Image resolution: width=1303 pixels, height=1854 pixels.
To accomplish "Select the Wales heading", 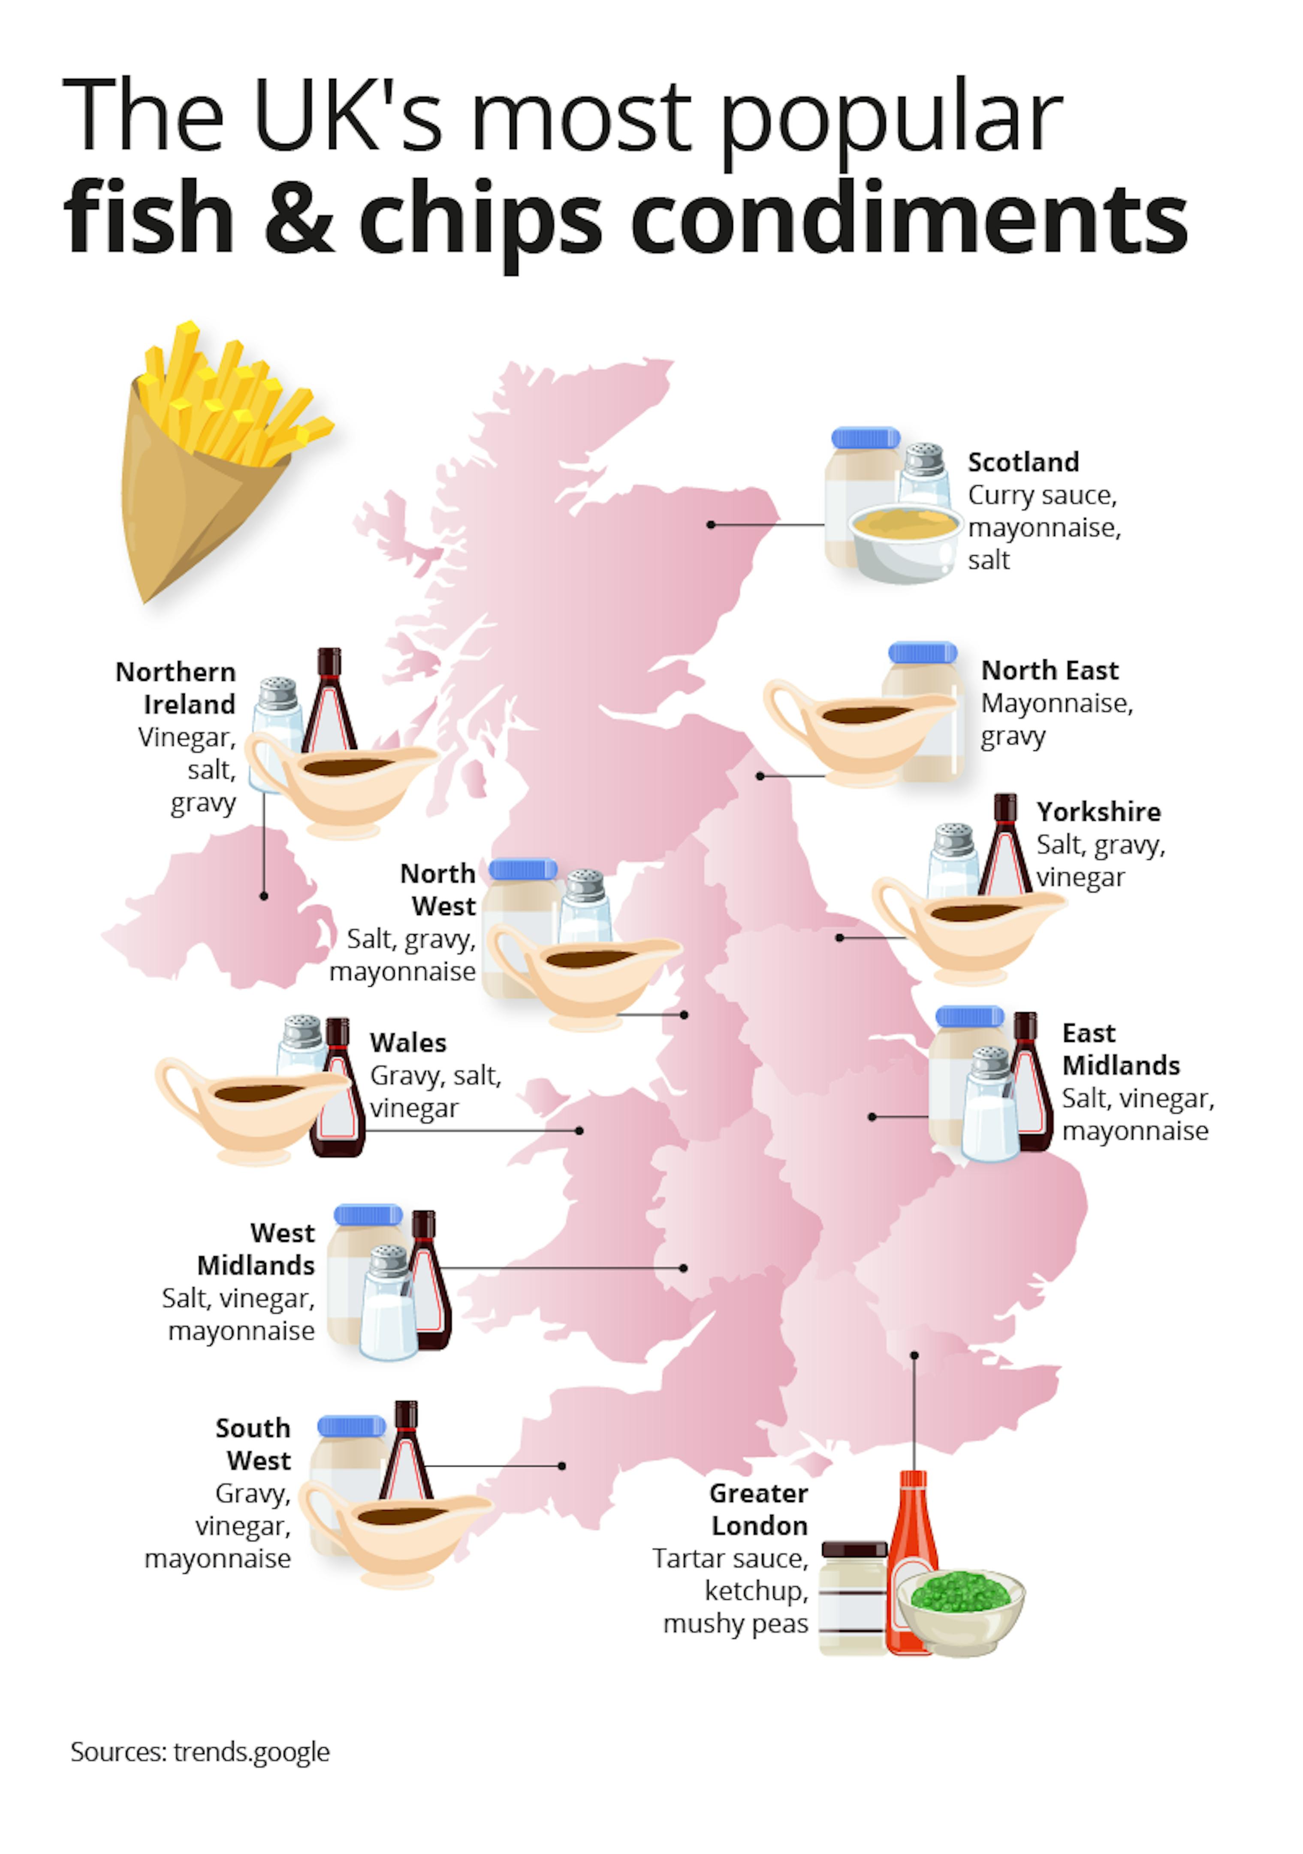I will [x=408, y=1042].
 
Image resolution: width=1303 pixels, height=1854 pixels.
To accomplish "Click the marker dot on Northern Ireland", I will [x=264, y=896].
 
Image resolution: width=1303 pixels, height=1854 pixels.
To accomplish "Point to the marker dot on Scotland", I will [x=711, y=525].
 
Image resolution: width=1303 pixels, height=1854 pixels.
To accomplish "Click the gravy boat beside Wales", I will [x=242, y=1106].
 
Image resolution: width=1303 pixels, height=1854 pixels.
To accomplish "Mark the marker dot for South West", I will [x=561, y=1466].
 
